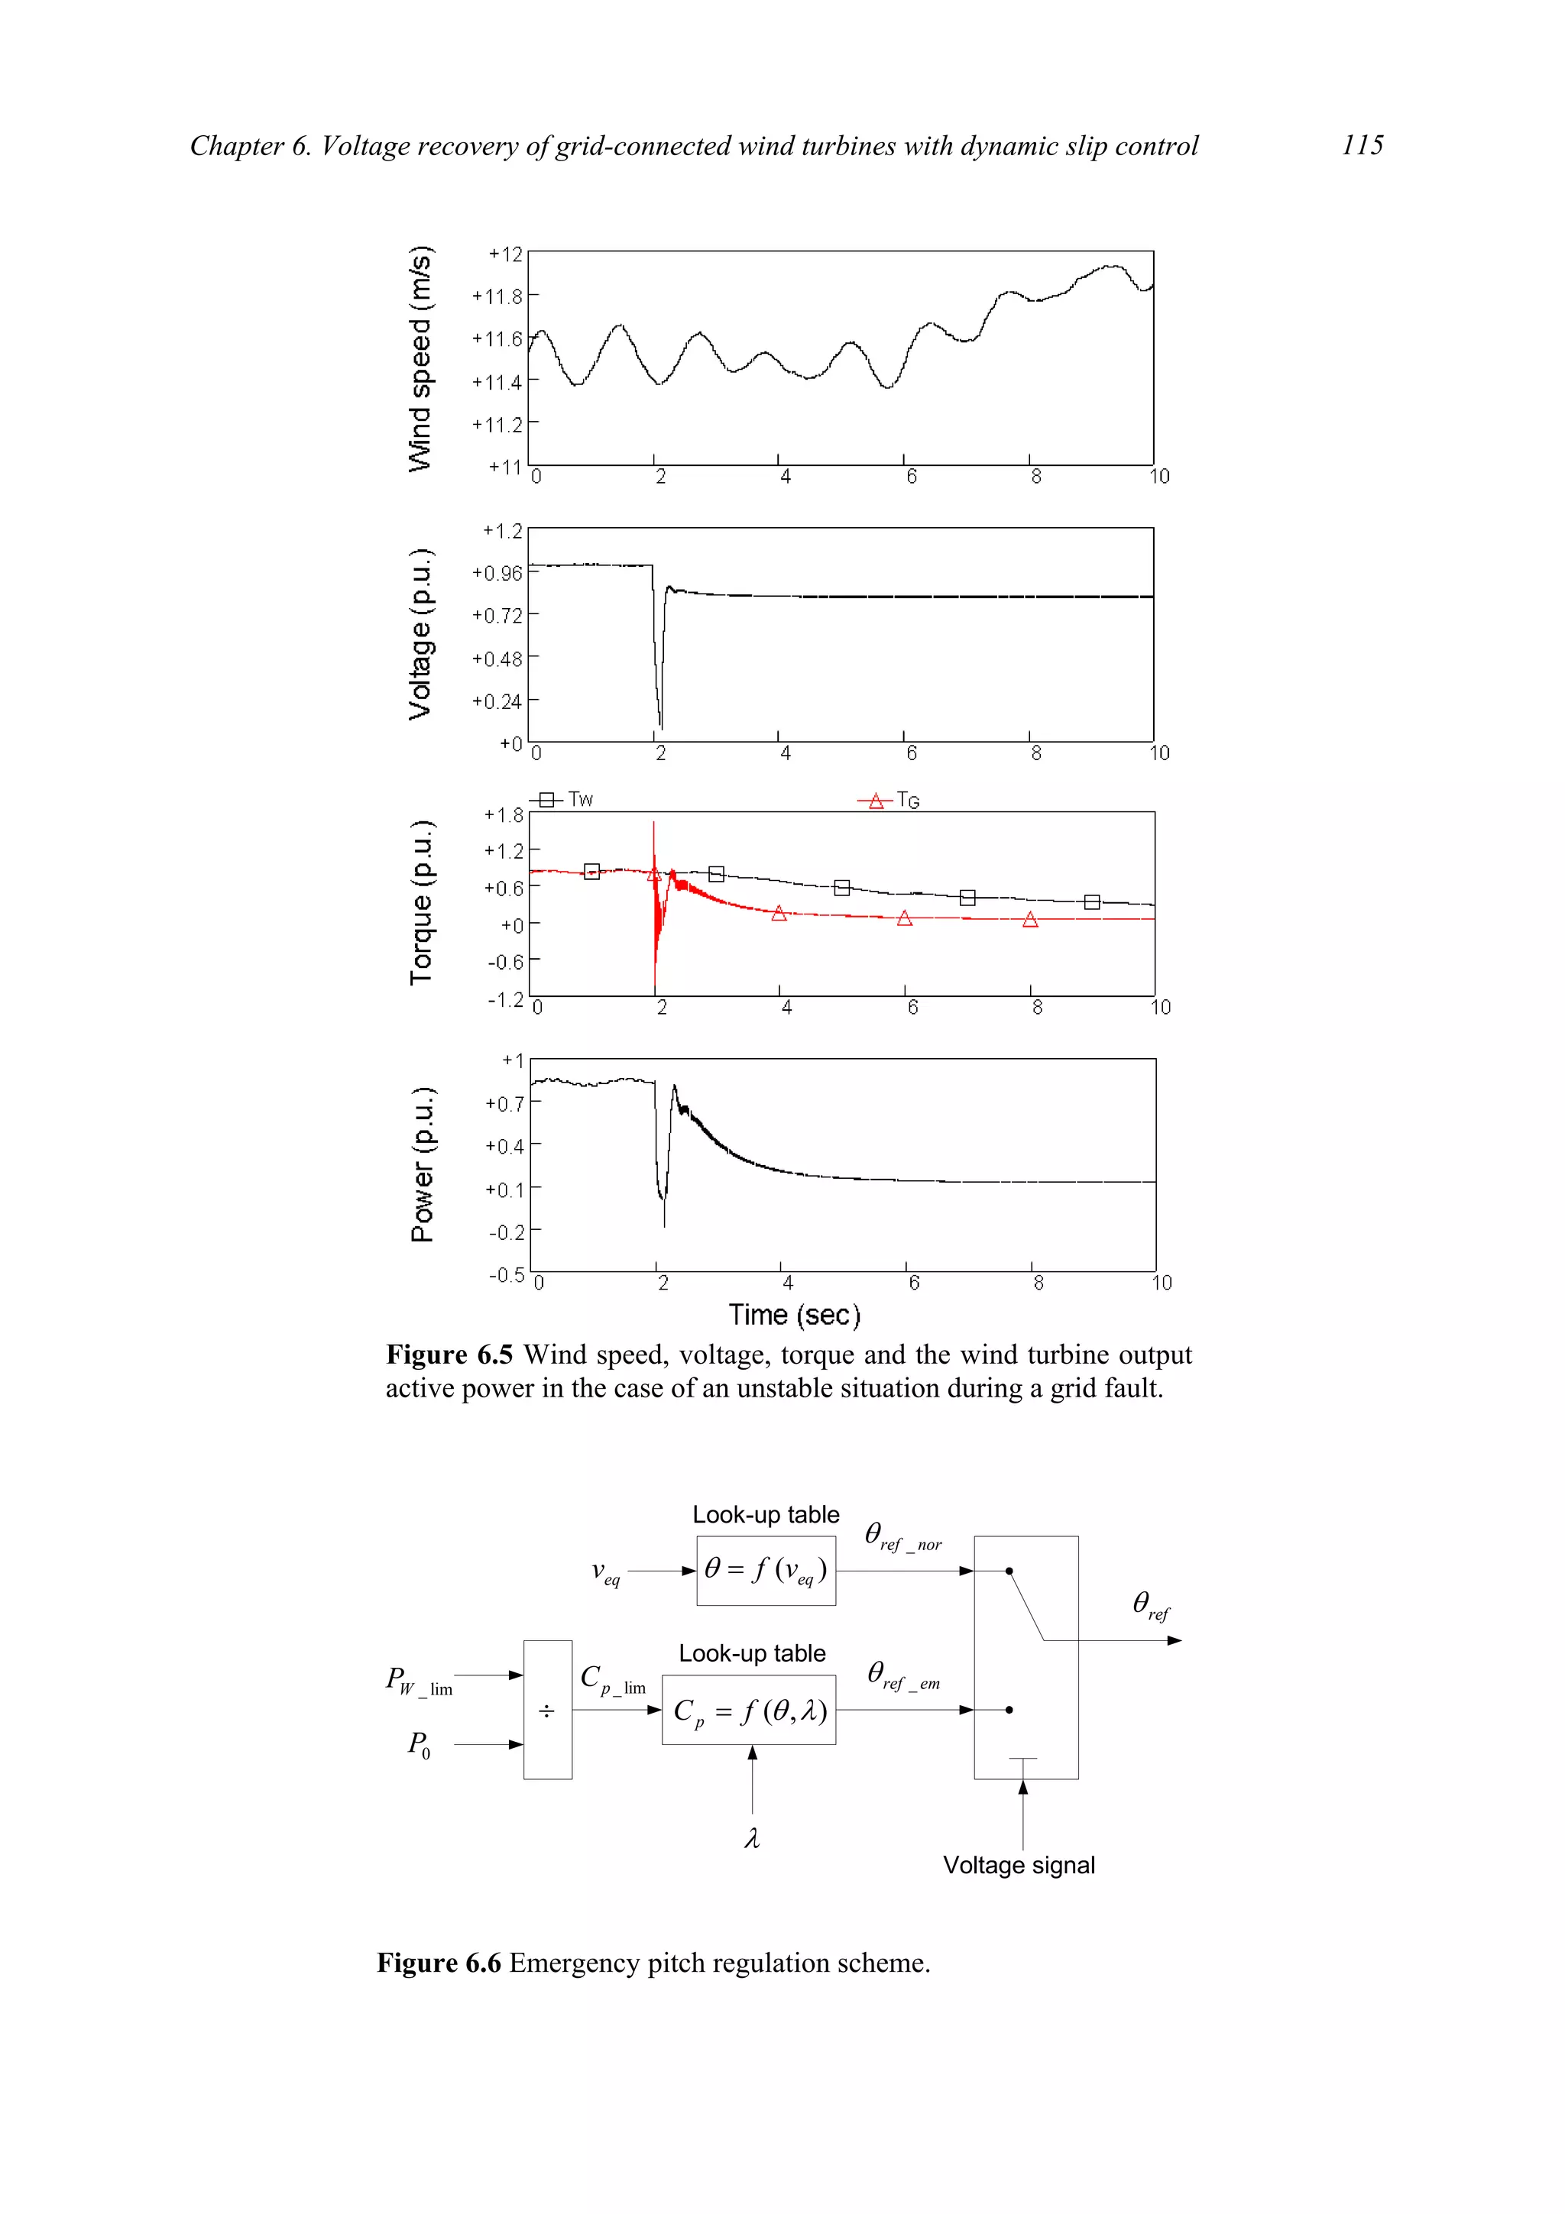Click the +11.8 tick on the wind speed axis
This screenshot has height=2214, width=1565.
497,296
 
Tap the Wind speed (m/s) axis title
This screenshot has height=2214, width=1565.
420,359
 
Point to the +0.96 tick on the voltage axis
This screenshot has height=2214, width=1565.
497,574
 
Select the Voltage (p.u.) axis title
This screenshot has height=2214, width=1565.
420,635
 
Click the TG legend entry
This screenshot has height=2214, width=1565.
891,801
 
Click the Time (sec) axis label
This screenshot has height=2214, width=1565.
794,1316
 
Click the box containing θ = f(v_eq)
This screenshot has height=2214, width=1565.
766,1571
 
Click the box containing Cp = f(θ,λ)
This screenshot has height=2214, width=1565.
749,1711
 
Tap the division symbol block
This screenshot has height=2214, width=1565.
546,1711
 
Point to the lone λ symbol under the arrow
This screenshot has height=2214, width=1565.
752,1840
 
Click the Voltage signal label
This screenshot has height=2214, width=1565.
1019,1865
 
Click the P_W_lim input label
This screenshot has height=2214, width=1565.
419,1681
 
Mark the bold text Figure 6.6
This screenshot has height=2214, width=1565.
439,1963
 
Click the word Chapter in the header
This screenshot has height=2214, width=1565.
236,146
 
